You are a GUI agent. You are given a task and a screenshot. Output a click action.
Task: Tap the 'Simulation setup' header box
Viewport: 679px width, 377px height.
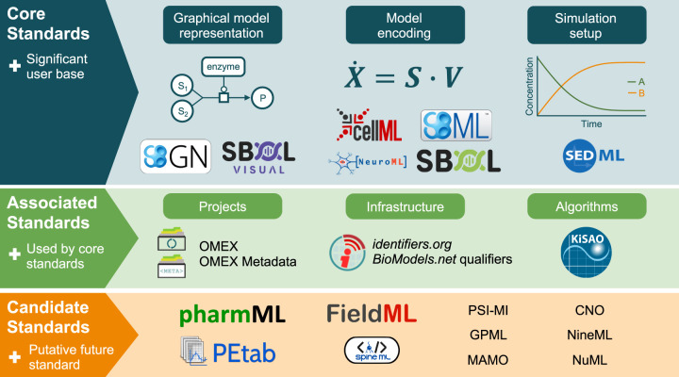click(x=592, y=25)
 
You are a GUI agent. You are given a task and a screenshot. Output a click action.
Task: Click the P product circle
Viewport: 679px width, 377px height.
click(x=263, y=97)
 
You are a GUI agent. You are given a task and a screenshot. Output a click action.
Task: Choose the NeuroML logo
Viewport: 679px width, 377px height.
click(x=368, y=161)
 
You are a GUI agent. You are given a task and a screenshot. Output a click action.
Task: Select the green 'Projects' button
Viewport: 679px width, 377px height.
click(x=223, y=206)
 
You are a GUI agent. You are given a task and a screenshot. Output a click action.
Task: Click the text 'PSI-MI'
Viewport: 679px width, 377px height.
click(x=489, y=310)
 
